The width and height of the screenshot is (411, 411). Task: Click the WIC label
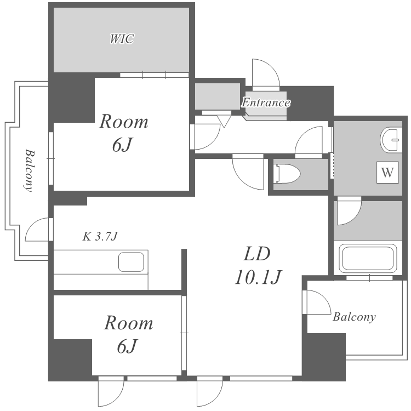[x=122, y=39]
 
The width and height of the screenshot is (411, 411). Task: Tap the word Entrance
[x=266, y=102]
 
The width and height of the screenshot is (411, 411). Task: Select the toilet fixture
[x=287, y=174]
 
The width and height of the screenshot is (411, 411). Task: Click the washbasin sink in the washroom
[x=391, y=140]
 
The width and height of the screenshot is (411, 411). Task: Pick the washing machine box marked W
[x=387, y=172]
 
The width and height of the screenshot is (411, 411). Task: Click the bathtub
[x=368, y=259]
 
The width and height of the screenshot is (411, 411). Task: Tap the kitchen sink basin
[x=131, y=262]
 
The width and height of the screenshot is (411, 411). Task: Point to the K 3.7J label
[x=100, y=236]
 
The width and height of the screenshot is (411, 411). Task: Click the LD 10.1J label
[x=258, y=265]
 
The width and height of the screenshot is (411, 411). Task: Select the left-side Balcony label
[x=29, y=170]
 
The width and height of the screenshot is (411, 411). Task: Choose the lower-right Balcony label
[x=354, y=317]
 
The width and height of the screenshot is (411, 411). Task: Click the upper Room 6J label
[x=123, y=133]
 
